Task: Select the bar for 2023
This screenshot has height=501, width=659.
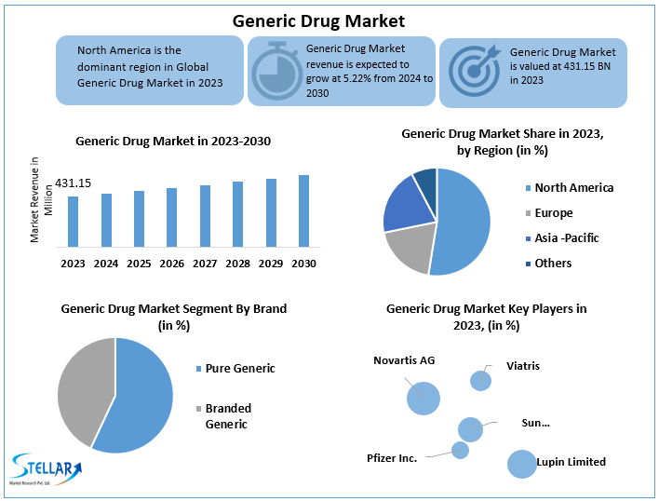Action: pos(73,222)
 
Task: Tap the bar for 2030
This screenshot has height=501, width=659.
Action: pos(303,210)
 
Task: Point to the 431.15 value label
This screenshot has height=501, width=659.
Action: pos(73,183)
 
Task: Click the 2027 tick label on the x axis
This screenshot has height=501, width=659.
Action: pos(205,264)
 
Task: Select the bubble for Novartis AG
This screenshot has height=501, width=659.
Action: pos(423,399)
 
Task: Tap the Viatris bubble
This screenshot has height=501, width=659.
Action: pos(480,380)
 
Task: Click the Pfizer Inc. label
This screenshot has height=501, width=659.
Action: pos(392,458)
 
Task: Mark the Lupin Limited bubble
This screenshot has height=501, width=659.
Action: pos(522,463)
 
